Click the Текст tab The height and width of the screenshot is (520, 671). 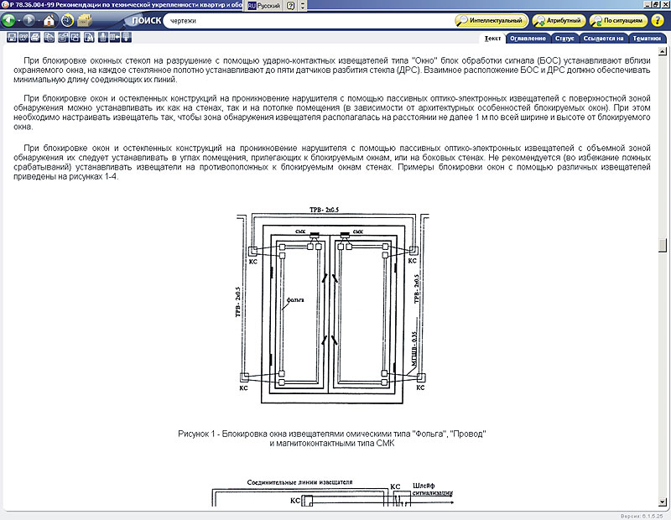pyautogui.click(x=492, y=38)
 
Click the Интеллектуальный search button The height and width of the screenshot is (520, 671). pyautogui.click(x=492, y=19)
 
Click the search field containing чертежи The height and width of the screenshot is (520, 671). pyautogui.click(x=306, y=19)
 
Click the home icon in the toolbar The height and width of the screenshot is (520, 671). pyautogui.click(x=49, y=19)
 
